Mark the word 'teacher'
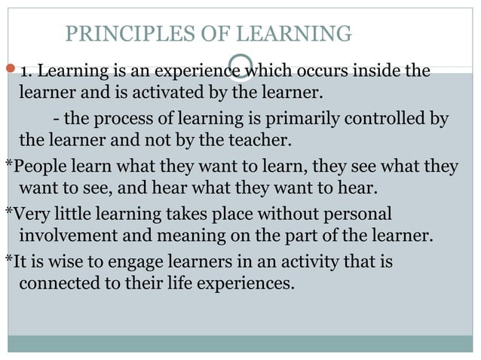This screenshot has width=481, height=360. click(x=263, y=141)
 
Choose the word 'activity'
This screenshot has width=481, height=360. click(x=289, y=263)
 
